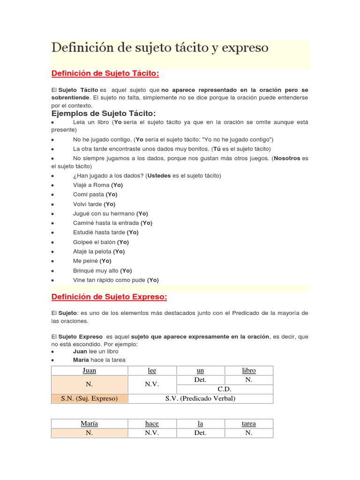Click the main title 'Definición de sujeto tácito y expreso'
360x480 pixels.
(159, 48)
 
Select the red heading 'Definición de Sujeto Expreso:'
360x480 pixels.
(109, 297)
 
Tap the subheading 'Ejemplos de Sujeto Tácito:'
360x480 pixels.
(103, 113)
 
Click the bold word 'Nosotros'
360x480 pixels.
(287, 158)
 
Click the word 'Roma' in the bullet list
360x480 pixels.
(102, 185)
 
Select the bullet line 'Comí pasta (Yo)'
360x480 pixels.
(95, 195)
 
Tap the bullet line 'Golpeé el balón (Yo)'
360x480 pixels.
(101, 242)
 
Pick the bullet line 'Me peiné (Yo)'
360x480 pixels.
(92, 261)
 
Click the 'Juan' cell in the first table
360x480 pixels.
(89, 370)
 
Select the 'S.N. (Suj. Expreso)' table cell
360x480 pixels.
(89, 398)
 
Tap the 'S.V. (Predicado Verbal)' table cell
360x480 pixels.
(200, 398)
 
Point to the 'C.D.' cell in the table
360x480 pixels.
(225, 389)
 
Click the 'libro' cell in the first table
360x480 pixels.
(249, 370)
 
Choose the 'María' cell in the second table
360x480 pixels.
(89, 423)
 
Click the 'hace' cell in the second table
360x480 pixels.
(152, 423)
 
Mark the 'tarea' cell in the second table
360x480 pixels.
(249, 423)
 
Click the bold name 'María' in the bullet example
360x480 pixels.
(80, 360)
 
